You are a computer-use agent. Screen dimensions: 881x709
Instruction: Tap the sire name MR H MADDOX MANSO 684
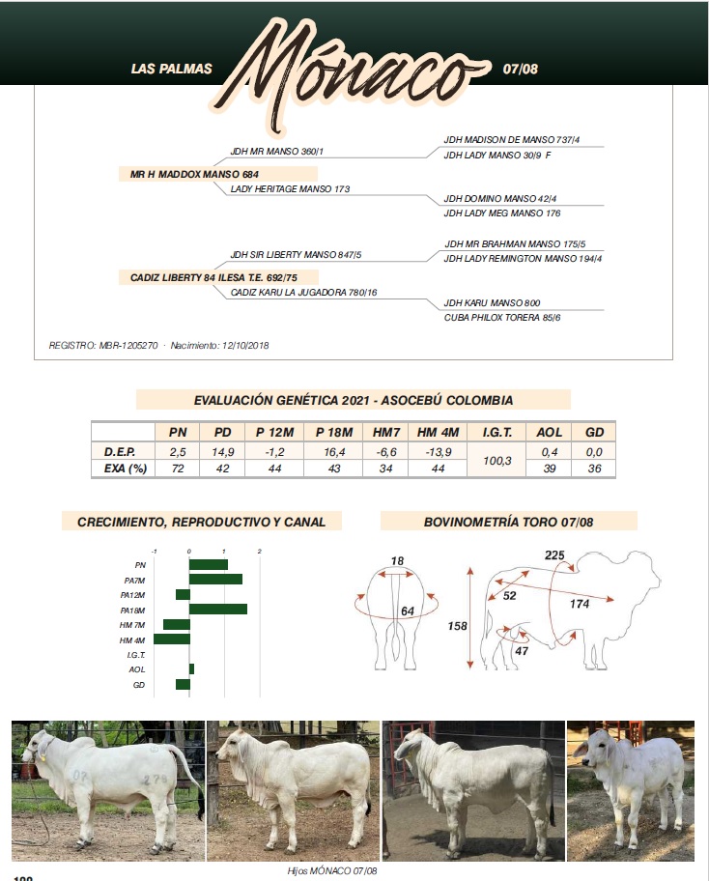tap(194, 174)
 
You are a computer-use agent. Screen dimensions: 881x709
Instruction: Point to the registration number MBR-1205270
tap(128, 346)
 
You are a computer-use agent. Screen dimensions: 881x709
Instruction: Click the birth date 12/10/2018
tap(245, 346)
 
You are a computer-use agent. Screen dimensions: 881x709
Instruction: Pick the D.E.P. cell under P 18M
tap(330, 451)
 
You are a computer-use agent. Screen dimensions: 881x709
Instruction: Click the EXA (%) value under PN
tap(179, 469)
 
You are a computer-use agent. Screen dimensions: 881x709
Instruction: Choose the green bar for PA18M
tap(217, 610)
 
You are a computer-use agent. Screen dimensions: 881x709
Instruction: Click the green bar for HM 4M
tap(171, 639)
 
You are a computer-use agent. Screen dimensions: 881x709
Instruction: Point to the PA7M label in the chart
tap(133, 580)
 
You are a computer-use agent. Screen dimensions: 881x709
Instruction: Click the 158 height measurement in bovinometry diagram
tap(457, 626)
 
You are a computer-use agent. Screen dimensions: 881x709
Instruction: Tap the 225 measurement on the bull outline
tap(554, 555)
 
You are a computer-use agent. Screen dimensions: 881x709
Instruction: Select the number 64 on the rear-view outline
tap(408, 611)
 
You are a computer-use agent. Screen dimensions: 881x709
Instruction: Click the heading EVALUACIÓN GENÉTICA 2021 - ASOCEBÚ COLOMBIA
tap(353, 400)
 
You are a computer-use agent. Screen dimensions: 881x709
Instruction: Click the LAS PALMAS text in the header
tap(171, 70)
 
